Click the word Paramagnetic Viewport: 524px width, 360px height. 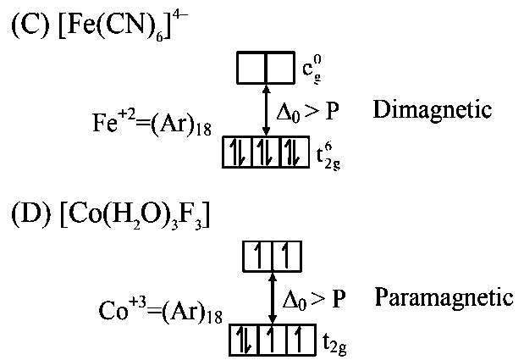[x=444, y=297]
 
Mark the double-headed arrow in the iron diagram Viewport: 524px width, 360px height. [x=267, y=109]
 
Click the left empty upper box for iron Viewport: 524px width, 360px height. [x=251, y=69]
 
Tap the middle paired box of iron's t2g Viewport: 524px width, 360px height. [x=267, y=152]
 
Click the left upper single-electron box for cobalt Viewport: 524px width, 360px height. [x=256, y=255]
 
